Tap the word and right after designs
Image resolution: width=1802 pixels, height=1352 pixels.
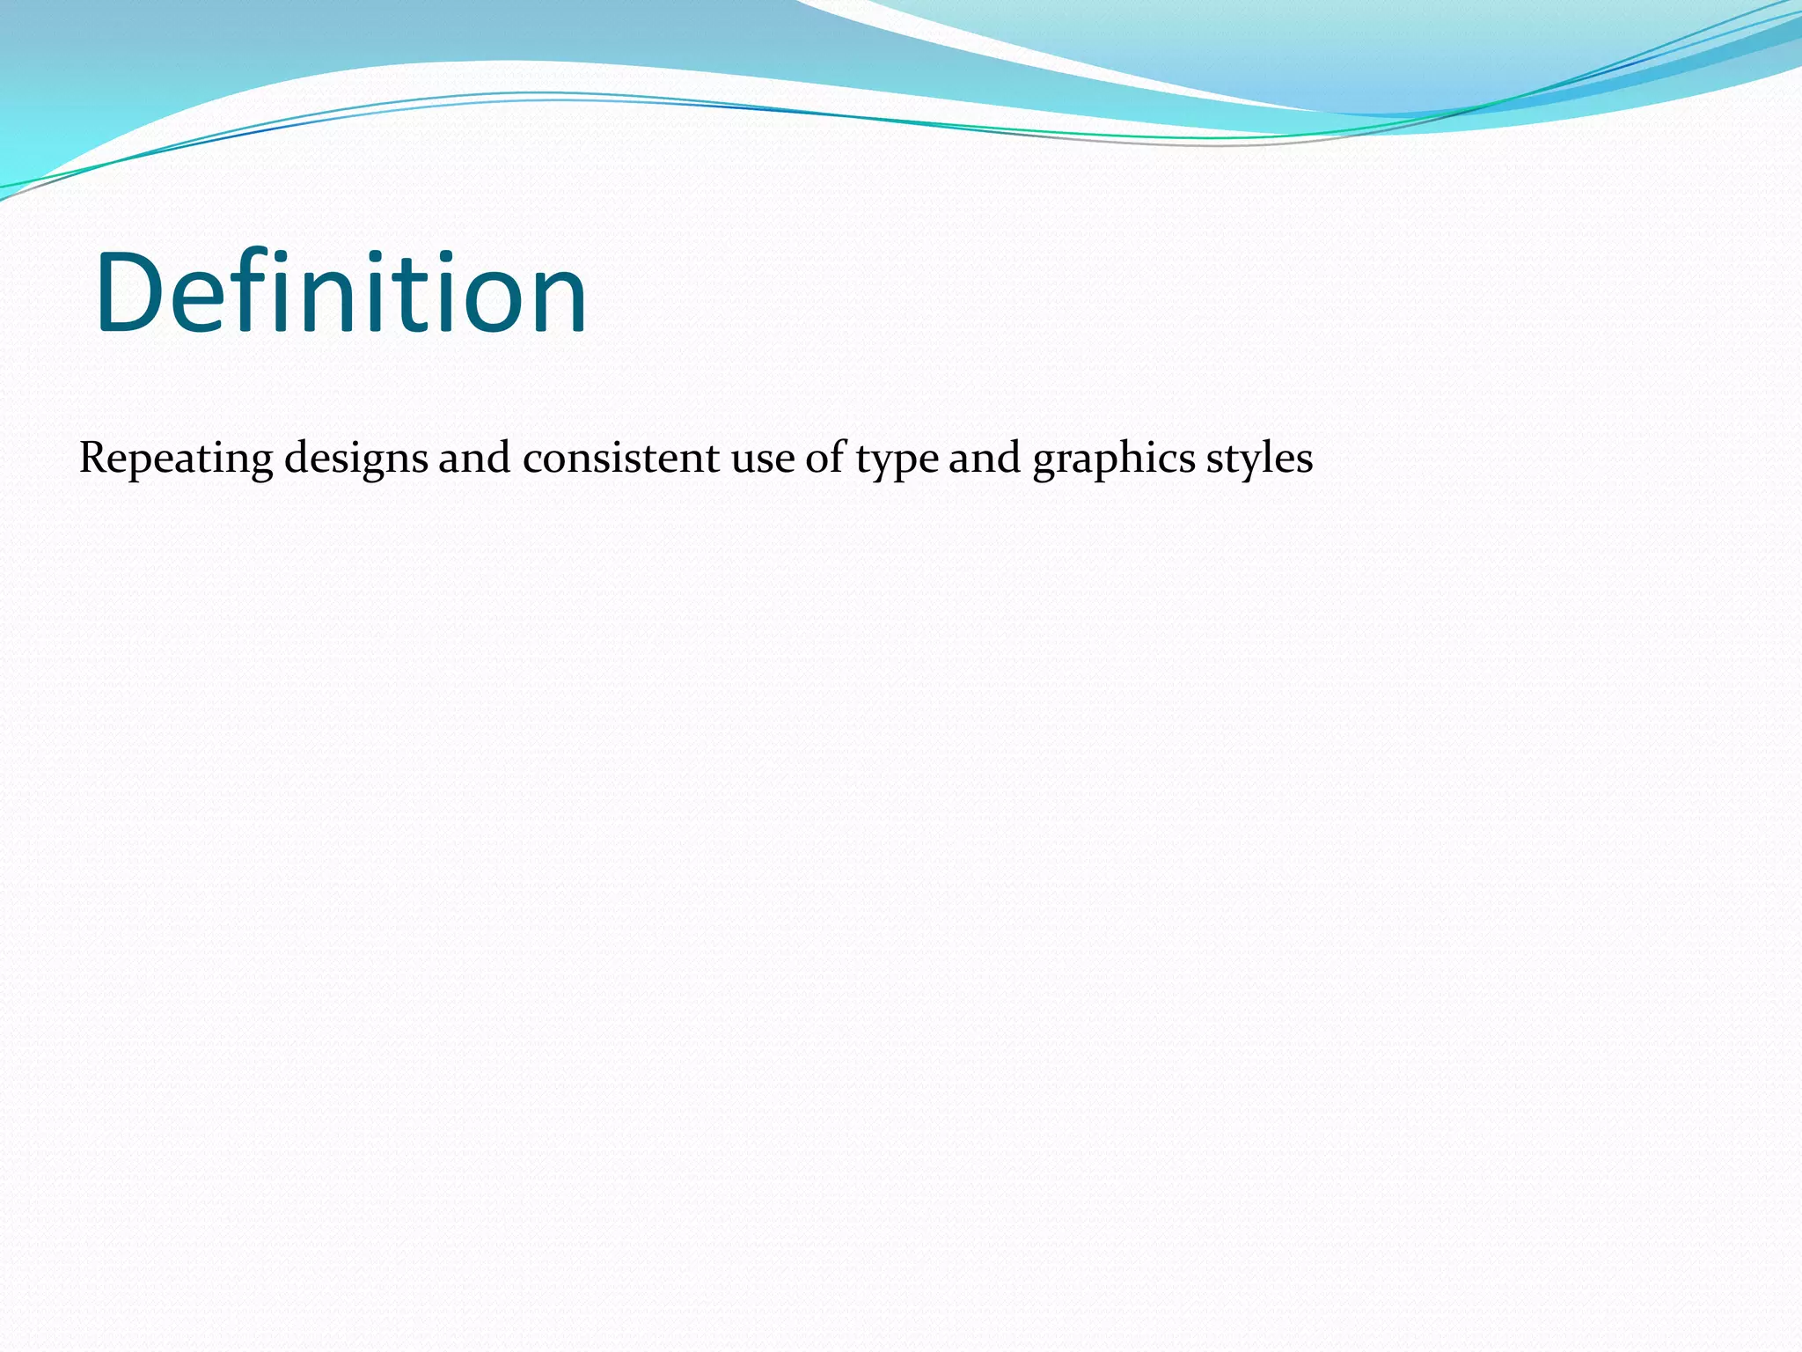point(474,458)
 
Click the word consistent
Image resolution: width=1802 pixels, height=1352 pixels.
point(621,458)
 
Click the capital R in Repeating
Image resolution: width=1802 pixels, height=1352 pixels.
point(92,458)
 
